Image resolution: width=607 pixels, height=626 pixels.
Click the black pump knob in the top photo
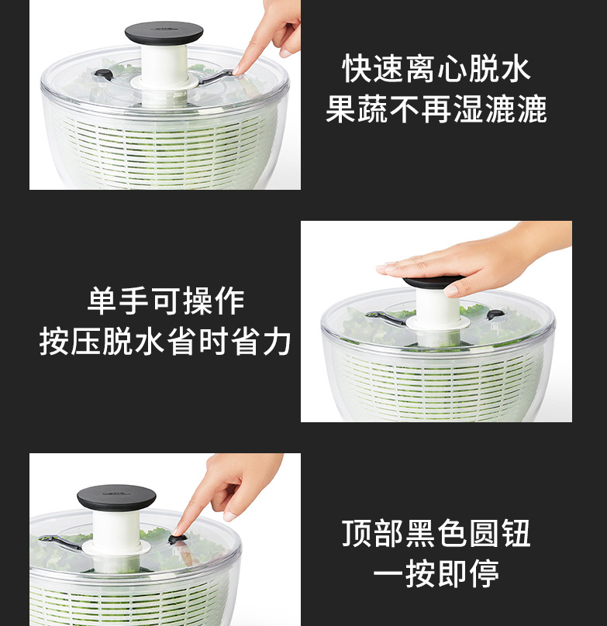pyautogui.click(x=164, y=33)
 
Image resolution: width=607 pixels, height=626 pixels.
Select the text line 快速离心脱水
pyautogui.click(x=436, y=69)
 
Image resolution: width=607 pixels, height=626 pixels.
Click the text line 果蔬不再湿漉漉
pyautogui.click(x=436, y=109)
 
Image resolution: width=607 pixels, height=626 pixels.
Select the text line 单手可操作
pyautogui.click(x=166, y=301)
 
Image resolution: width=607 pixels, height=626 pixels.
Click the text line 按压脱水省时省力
pyautogui.click(x=166, y=342)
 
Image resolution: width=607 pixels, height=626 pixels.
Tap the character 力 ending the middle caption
pyautogui.click(x=277, y=342)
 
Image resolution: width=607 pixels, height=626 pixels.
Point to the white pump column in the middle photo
pyautogui.click(x=437, y=310)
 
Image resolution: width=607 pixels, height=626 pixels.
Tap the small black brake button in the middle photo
pyautogui.click(x=495, y=314)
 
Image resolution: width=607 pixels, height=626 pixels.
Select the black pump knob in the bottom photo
pyautogui.click(x=116, y=497)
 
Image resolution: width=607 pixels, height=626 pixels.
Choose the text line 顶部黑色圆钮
pyautogui.click(x=436, y=534)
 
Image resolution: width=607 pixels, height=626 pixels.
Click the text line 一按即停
pyautogui.click(x=436, y=574)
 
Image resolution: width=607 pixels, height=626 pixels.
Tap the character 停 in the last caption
pyautogui.click(x=485, y=574)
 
